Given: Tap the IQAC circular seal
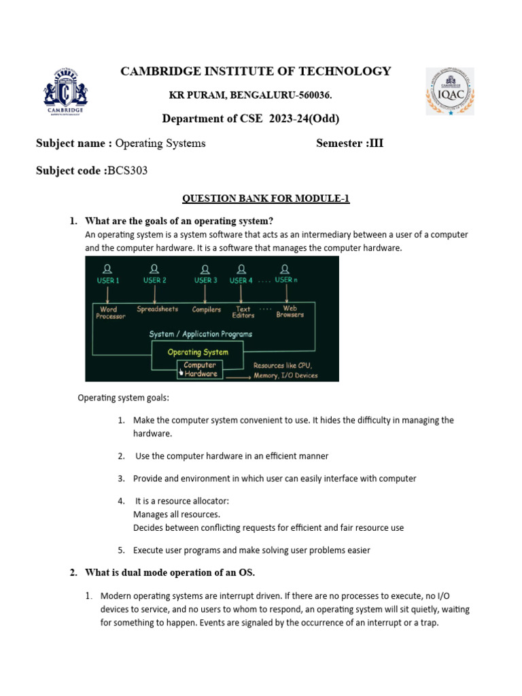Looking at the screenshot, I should pos(449,91).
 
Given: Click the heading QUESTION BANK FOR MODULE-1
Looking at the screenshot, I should pos(266,198).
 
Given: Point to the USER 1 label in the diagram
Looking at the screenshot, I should pos(107,280).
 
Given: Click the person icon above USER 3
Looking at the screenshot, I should pos(206,268).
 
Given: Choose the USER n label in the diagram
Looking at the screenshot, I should pos(286,280).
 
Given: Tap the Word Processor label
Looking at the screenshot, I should pos(111,313).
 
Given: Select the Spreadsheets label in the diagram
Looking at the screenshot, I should pos(158,309).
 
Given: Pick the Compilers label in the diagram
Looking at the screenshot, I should pos(207,310).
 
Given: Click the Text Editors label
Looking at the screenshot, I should pos(243,313).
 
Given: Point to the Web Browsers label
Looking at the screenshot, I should pos(290,312).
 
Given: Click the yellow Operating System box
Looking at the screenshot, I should pos(198,352).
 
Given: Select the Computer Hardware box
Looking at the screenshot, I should pos(201,369).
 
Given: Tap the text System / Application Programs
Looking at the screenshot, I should pos(201,334).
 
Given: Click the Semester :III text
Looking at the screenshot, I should pos(349,143).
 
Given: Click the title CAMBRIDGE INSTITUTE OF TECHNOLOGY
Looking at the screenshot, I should pos(256,71).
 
